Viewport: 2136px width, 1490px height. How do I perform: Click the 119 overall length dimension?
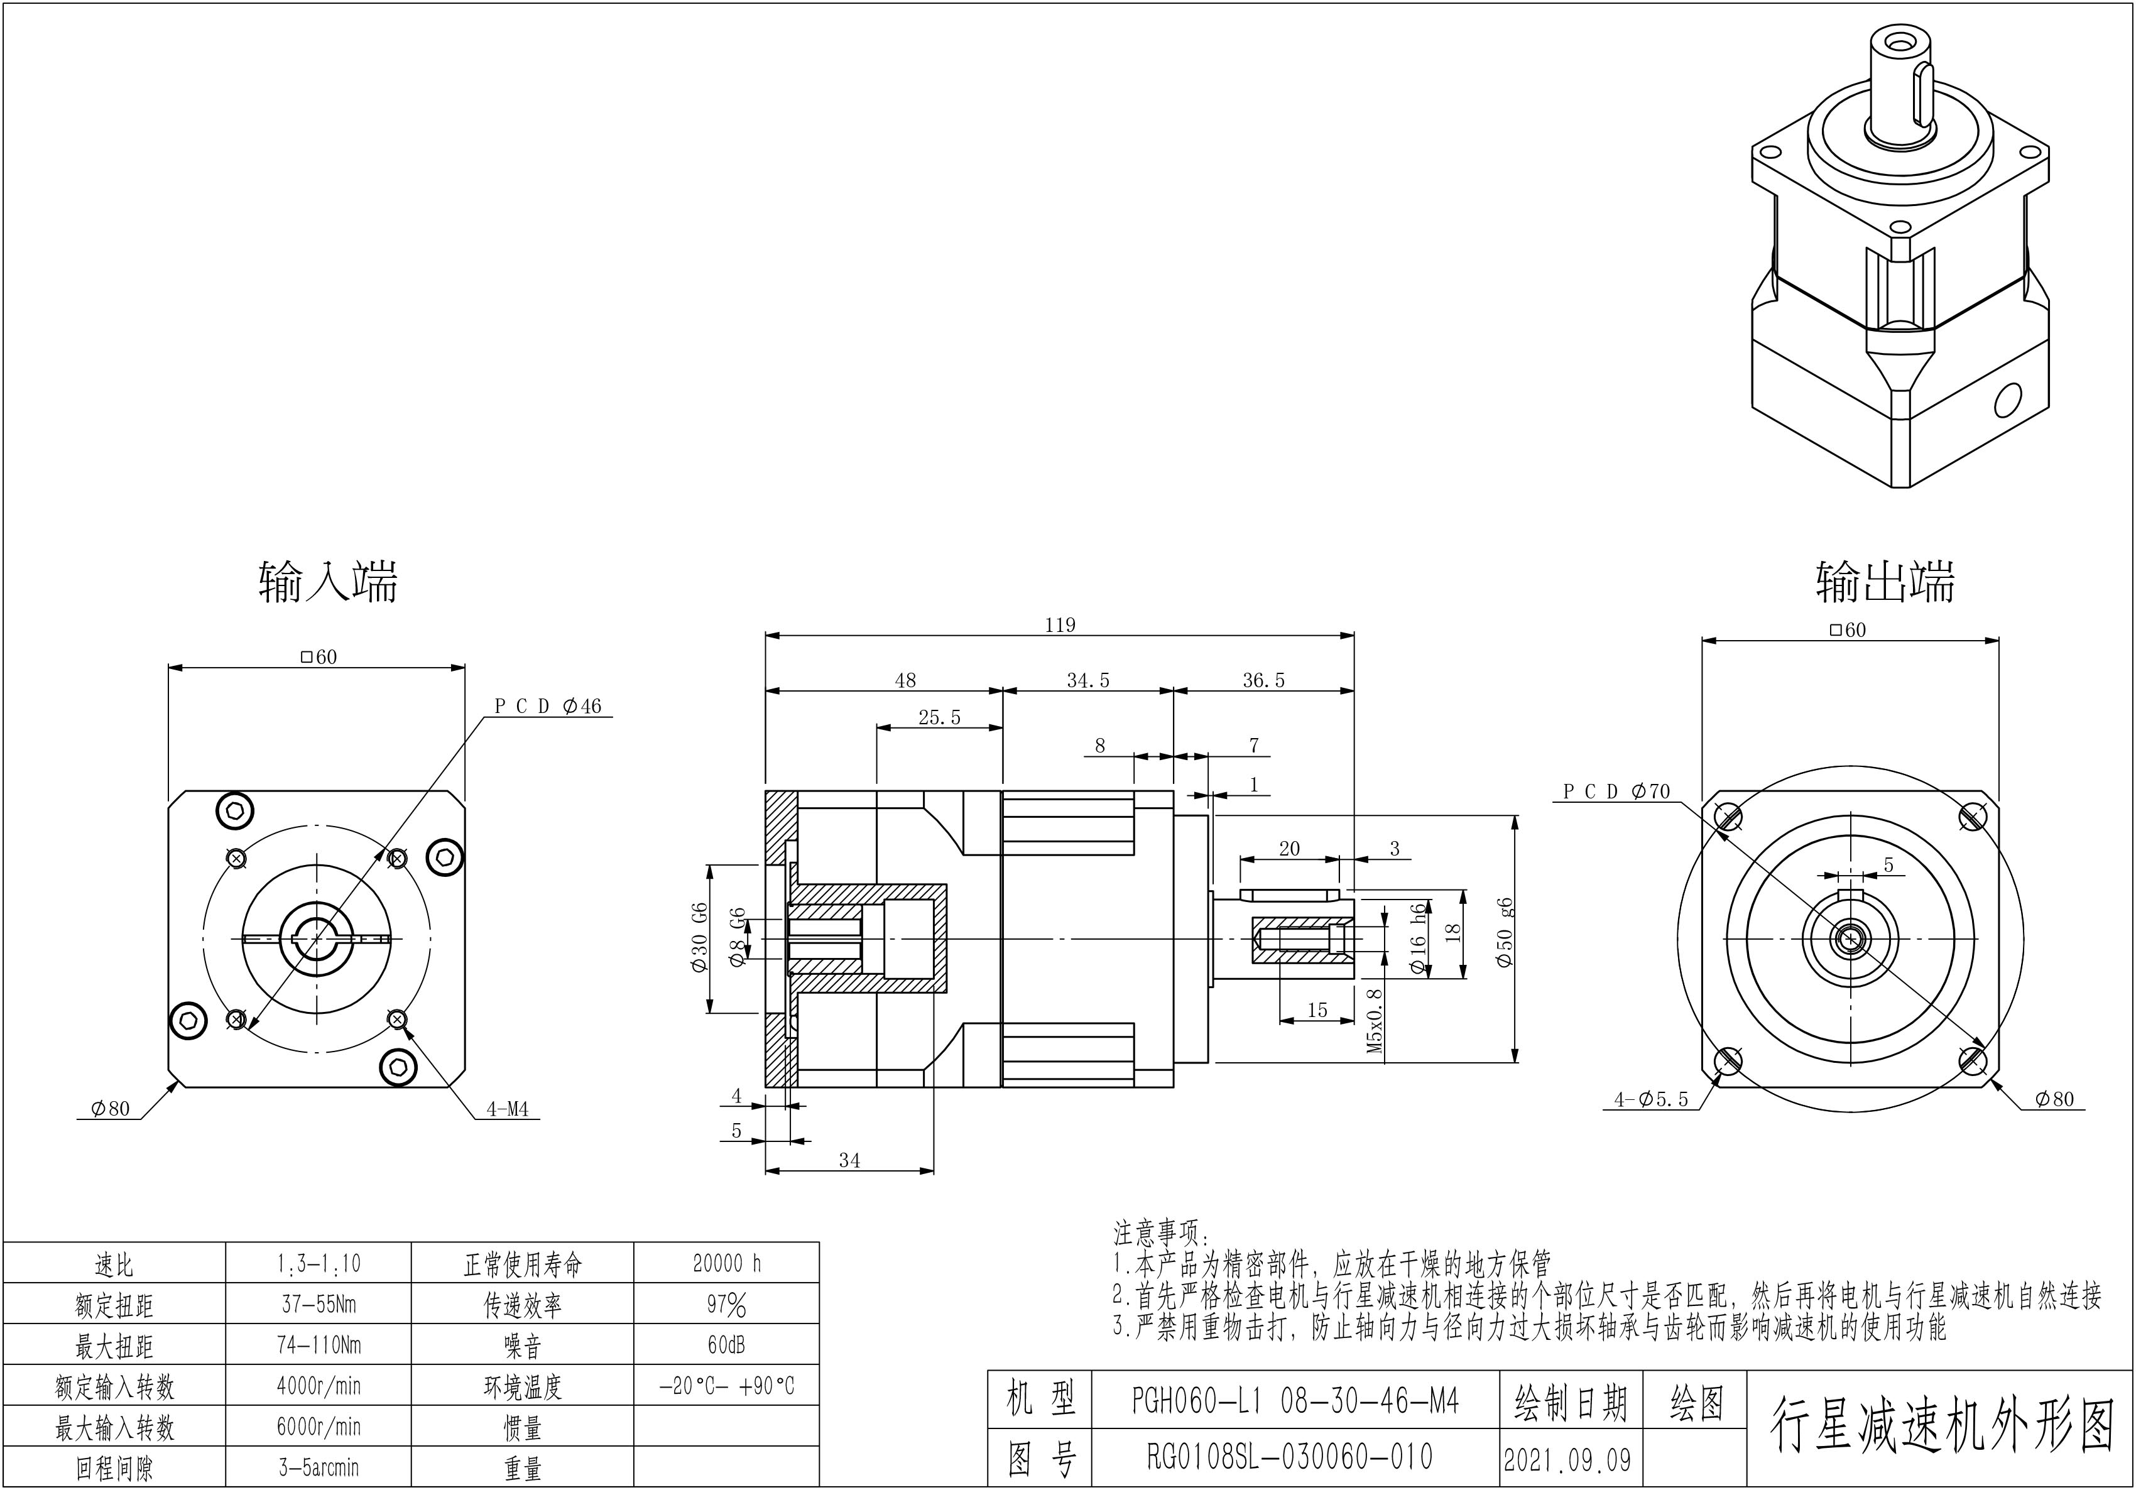pos(1060,625)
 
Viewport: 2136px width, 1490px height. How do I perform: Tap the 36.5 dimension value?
pos(1263,681)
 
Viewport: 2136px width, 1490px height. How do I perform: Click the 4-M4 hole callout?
pos(507,1109)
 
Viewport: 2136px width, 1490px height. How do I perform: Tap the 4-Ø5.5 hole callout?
pos(1650,1099)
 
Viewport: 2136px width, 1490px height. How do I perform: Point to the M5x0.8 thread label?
pos(1375,1020)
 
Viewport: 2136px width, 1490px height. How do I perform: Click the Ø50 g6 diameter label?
pos(1505,932)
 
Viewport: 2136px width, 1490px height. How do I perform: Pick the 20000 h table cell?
pos(727,1263)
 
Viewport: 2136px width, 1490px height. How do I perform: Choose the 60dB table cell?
pos(727,1345)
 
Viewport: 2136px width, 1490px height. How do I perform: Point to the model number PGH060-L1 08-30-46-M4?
pos(1295,1401)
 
